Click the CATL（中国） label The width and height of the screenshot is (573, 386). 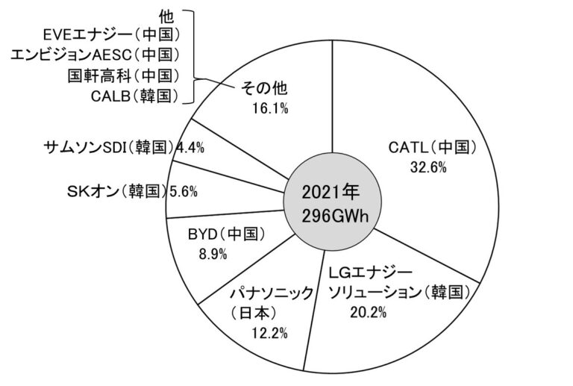coord(432,147)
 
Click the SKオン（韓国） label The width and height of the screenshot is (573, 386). coord(116,190)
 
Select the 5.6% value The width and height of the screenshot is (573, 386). coord(183,191)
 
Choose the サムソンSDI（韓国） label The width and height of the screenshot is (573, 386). coord(109,146)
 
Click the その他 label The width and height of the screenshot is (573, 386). coord(266,89)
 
